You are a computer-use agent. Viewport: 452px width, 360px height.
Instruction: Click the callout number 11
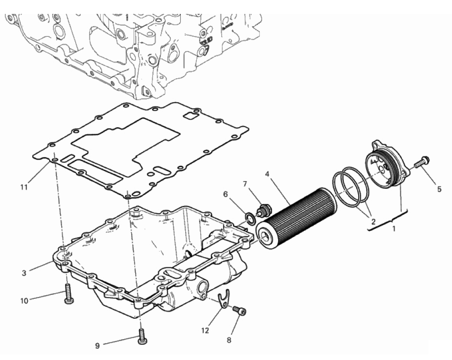[x=24, y=187]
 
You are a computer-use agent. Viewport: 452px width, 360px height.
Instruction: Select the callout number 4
[x=267, y=174]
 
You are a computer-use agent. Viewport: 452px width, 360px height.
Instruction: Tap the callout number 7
[x=245, y=184]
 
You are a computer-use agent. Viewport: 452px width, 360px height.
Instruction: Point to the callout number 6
[x=226, y=195]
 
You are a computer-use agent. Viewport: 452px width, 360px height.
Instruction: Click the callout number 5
[x=439, y=189]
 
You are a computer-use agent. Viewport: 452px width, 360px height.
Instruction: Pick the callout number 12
[x=205, y=330]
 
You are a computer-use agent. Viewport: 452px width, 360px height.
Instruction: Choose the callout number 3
[x=24, y=273]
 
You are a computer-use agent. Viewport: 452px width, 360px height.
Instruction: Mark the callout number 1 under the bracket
[x=394, y=229]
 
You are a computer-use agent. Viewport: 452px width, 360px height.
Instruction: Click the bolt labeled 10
[x=68, y=293]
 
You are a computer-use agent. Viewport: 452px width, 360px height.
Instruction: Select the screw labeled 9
[x=142, y=337]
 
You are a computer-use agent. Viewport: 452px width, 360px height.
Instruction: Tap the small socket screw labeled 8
[x=239, y=311]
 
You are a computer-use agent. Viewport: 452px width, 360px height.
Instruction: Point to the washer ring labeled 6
[x=250, y=218]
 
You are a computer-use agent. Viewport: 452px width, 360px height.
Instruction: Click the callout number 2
[x=373, y=221]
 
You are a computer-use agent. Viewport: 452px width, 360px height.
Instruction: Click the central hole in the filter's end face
[x=265, y=236]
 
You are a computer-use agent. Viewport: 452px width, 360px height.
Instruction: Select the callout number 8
[x=229, y=340]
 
